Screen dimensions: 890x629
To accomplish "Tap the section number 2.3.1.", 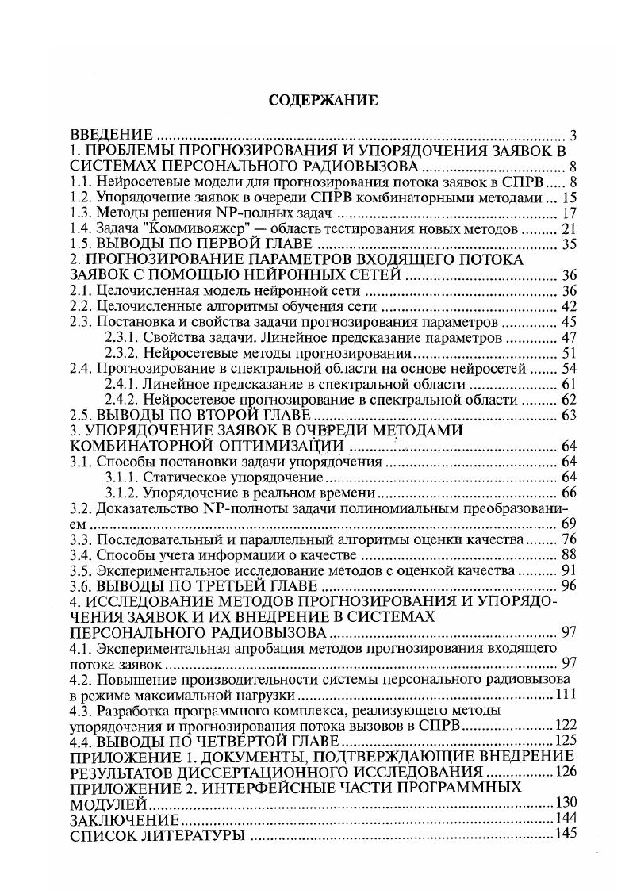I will pos(123,337).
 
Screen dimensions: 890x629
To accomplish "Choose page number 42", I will pos(566,306).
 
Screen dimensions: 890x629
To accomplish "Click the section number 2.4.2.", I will pos(123,400).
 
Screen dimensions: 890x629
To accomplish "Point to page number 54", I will pos(566,368).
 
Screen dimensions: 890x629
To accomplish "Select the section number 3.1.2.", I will pos(123,493).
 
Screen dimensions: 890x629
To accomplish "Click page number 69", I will pos(566,524).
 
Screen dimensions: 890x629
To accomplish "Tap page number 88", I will pos(566,554).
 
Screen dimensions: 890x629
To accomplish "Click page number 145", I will pos(563,834).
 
